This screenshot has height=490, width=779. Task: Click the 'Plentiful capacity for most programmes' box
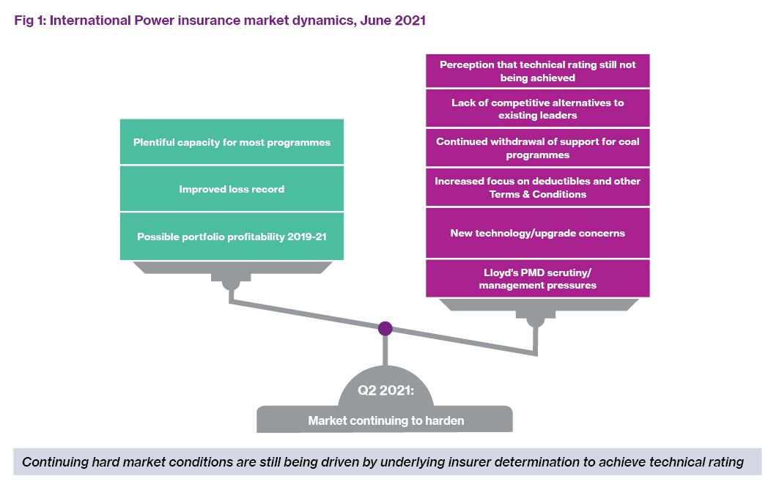tap(232, 141)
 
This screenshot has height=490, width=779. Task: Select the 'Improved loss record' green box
tap(232, 189)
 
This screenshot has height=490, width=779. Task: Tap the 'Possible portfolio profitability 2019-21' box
tap(232, 237)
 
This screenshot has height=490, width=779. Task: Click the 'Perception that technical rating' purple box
tap(538, 71)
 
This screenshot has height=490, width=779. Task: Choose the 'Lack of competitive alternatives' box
tap(538, 108)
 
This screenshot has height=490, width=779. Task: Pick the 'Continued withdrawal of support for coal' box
tap(538, 148)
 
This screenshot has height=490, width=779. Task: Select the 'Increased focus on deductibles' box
tap(538, 188)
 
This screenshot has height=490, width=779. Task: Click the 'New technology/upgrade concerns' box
tap(538, 233)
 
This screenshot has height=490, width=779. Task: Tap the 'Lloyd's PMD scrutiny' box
tap(538, 278)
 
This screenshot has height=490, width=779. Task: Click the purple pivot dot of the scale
tap(385, 328)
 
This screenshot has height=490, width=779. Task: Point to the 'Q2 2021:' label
tap(385, 390)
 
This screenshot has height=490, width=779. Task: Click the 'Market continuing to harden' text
tap(386, 420)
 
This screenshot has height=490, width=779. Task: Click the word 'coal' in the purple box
tap(629, 141)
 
